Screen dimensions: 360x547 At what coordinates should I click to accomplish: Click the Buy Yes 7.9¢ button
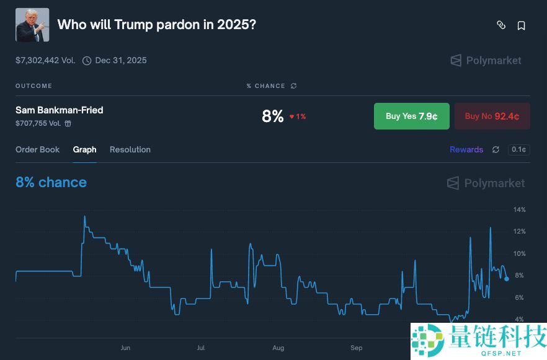(411, 116)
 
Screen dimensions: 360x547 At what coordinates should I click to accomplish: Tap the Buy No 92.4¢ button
(492, 116)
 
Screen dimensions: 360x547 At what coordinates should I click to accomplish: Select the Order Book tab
(38, 149)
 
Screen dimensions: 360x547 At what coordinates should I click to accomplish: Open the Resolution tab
(130, 149)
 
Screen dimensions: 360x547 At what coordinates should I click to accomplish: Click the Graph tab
(85, 149)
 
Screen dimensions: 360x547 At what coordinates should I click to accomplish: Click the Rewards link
(466, 149)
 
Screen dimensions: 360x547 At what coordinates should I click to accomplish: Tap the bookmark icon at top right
(522, 25)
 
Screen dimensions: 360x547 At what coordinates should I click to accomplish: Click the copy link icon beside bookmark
(501, 25)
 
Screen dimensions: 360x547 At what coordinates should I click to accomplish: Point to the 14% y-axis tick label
(519, 209)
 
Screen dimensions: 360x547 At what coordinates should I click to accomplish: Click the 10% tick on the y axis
(519, 253)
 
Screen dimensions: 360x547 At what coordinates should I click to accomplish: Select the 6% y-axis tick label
(519, 297)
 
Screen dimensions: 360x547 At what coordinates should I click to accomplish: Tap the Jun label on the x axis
(125, 348)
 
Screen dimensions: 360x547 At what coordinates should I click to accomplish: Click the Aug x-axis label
(278, 348)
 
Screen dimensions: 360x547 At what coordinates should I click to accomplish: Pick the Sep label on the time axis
(356, 348)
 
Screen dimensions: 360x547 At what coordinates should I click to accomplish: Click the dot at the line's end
(507, 279)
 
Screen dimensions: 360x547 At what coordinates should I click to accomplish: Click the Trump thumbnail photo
(32, 25)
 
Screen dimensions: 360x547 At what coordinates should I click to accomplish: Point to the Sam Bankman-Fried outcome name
(60, 110)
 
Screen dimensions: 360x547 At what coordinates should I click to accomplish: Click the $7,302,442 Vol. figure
(45, 60)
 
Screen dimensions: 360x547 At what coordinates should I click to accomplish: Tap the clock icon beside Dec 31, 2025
(87, 61)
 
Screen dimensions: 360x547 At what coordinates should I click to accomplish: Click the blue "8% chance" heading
(51, 182)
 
